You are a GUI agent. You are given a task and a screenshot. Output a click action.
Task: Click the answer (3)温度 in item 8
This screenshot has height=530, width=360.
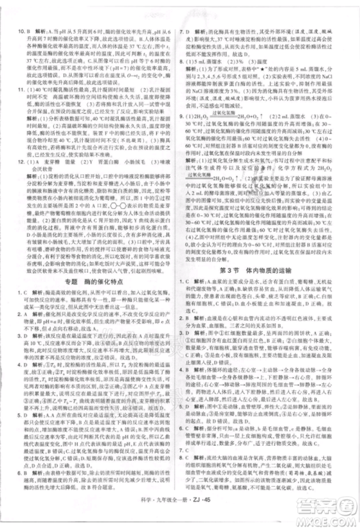tap(256, 60)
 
